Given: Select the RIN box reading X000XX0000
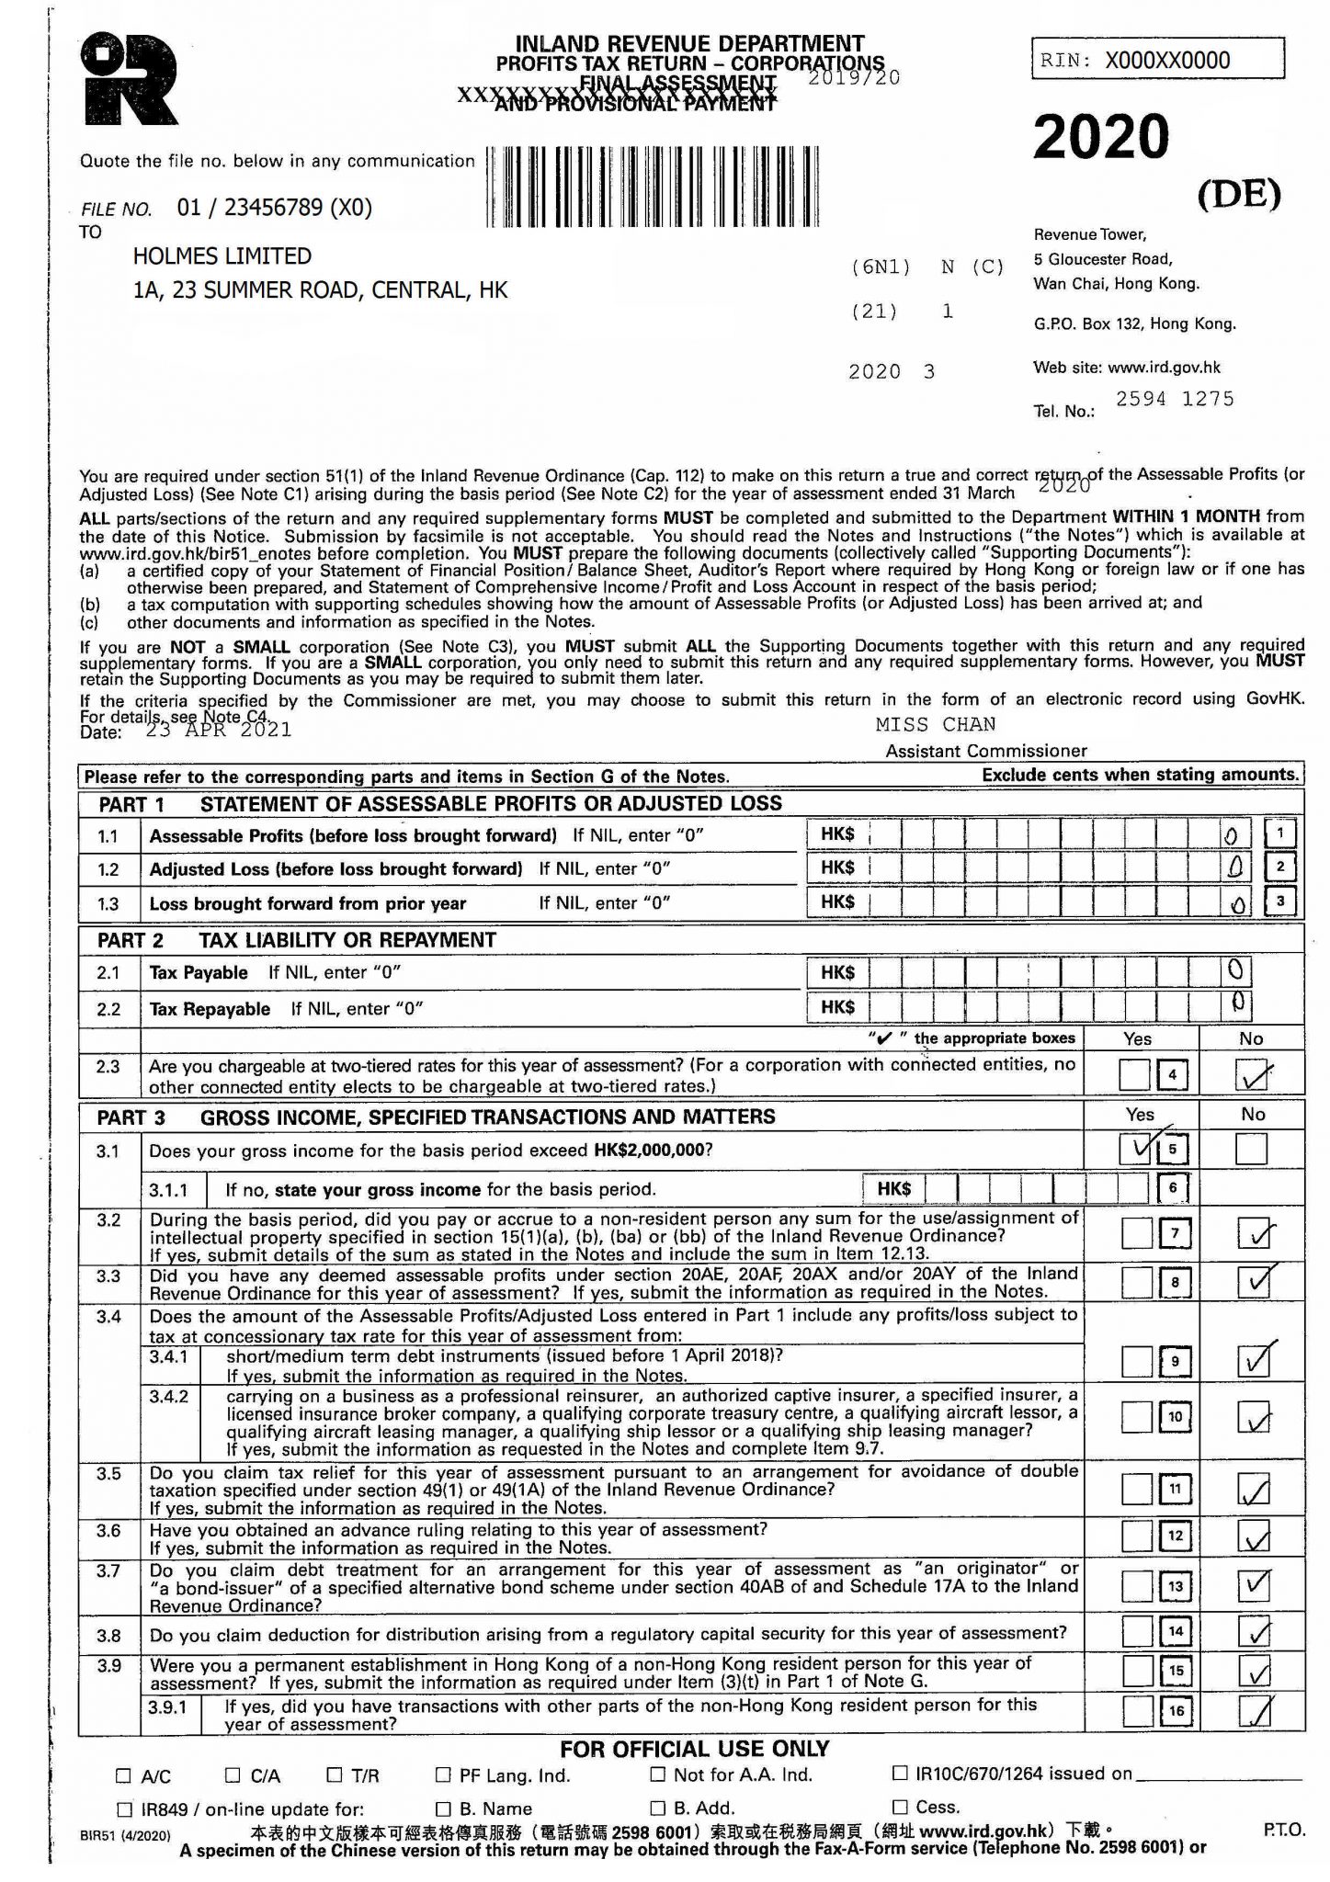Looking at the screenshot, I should click(x=1157, y=61).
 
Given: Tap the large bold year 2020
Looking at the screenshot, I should click(x=1100, y=137).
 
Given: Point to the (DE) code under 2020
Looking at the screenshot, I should click(x=1238, y=192).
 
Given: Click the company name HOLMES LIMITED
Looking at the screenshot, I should click(x=222, y=256).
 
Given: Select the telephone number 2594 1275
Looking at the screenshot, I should click(x=1174, y=399).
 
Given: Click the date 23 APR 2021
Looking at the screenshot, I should click(x=219, y=731).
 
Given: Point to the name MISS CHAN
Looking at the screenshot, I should click(x=935, y=724).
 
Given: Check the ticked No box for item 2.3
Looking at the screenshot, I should click(x=1253, y=1074).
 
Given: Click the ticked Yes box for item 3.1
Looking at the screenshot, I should click(x=1136, y=1149).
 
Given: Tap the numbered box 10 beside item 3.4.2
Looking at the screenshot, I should click(x=1175, y=1417).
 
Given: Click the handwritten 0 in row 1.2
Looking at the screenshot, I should click(x=1234, y=867).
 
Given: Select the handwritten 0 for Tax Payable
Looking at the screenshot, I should click(x=1234, y=969).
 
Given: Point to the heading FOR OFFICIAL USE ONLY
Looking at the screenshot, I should click(x=694, y=1749).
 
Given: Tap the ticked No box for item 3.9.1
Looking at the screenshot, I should click(x=1253, y=1711).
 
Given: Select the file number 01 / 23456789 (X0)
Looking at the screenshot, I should click(x=275, y=208).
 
